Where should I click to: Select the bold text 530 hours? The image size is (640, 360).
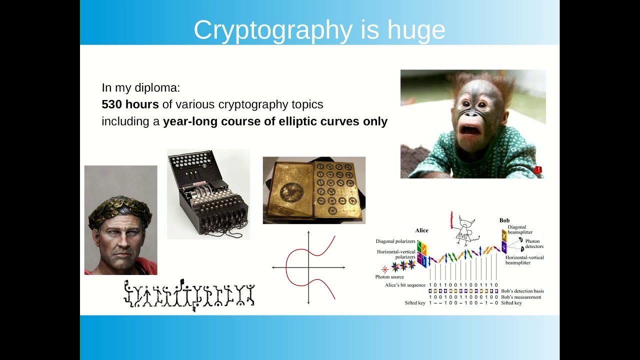pyautogui.click(x=130, y=104)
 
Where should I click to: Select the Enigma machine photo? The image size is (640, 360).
pyautogui.click(x=208, y=194)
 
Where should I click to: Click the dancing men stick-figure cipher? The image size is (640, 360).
pyautogui.click(x=189, y=295)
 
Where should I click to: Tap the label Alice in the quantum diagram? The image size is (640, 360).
pyautogui.click(x=421, y=230)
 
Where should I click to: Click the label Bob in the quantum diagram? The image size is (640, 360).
pyautogui.click(x=504, y=220)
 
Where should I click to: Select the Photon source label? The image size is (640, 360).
pyautogui.click(x=389, y=277)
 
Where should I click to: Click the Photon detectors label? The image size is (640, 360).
pyautogui.click(x=534, y=244)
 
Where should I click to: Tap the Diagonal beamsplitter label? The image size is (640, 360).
pyautogui.click(x=520, y=229)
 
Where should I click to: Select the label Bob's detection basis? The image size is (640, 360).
pyautogui.click(x=522, y=291)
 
